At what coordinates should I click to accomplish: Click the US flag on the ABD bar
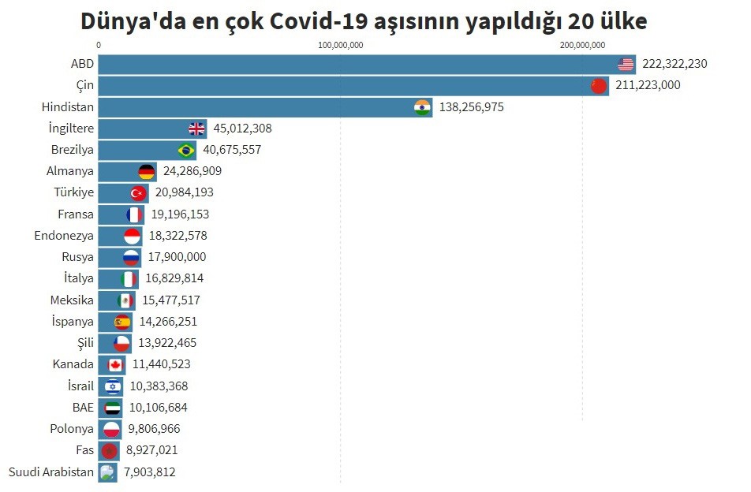coord(626,65)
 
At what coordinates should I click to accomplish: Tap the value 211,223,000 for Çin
coord(647,86)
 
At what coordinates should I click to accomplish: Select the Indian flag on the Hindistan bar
coord(423,107)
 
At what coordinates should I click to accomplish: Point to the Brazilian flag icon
coord(186,150)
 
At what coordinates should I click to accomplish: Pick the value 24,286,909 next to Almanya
coord(192,171)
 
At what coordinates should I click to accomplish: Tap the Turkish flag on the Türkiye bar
coord(139,192)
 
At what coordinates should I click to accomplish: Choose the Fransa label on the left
coord(76,214)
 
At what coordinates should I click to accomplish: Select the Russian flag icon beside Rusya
coord(131,257)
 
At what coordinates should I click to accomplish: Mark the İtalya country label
coord(79,278)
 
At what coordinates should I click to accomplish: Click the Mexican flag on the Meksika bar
coord(125,300)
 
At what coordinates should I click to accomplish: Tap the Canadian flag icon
coord(116,364)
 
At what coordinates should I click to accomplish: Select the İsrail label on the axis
coord(80,386)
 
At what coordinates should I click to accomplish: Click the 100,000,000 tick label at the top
coord(340,45)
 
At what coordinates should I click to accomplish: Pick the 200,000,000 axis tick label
coord(583,45)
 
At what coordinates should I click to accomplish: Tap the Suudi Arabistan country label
coord(51,472)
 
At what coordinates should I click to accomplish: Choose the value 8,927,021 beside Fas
coord(152,451)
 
